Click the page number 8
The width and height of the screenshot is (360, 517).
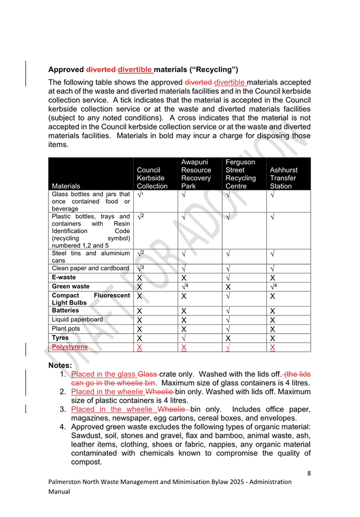pyautogui.click(x=308, y=474)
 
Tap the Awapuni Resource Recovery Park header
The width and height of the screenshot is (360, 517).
pyautogui.click(x=196, y=174)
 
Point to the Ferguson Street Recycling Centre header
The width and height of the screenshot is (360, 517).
pyautogui.click(x=241, y=174)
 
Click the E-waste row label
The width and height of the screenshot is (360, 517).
pyautogui.click(x=64, y=277)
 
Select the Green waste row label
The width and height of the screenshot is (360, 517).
pyautogui.click(x=70, y=286)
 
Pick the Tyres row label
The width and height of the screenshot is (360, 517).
pyautogui.click(x=60, y=338)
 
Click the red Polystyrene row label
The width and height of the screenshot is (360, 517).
pyautogui.click(x=70, y=347)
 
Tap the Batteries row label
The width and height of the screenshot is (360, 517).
pyautogui.click(x=65, y=310)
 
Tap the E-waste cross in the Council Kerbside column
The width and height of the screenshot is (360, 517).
pyautogui.click(x=140, y=278)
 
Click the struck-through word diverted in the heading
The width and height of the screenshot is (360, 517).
pyautogui.click(x=100, y=70)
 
